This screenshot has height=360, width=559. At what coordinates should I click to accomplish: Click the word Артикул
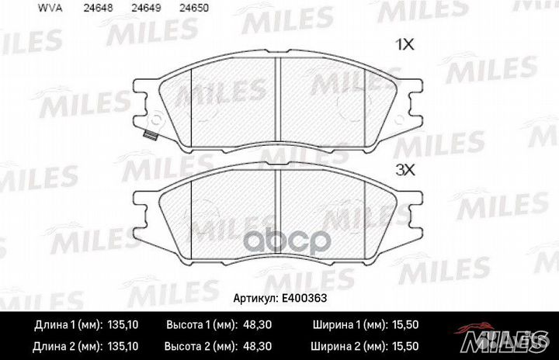pos(255,297)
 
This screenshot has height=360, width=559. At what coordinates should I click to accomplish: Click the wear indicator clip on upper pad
pos(151,136)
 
